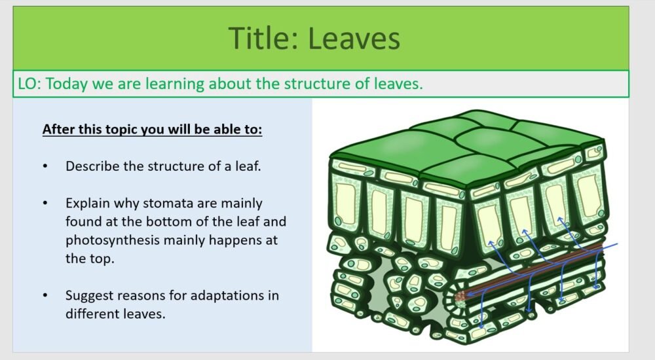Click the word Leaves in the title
pyautogui.click(x=354, y=38)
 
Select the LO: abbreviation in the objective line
pyautogui.click(x=30, y=84)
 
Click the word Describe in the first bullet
pyautogui.click(x=92, y=166)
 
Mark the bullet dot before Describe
pyautogui.click(x=45, y=166)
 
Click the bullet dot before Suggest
pyautogui.click(x=45, y=295)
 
